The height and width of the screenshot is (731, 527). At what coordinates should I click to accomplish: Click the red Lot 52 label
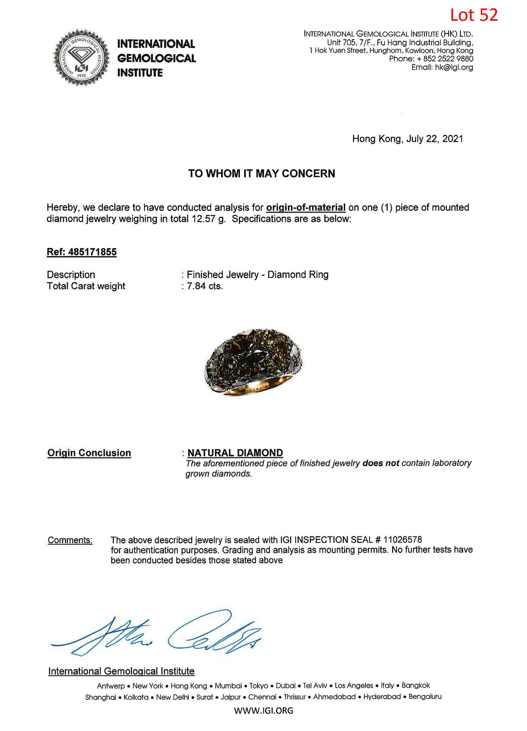[474, 15]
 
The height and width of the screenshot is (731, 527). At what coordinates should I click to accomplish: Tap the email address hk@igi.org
[454, 67]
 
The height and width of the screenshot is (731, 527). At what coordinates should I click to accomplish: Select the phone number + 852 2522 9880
[445, 59]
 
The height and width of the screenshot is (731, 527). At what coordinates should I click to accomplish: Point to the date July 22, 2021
[435, 139]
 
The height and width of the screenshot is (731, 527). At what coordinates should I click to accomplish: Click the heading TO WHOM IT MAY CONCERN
[261, 174]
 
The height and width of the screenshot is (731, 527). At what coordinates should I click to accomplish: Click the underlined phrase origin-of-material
[306, 208]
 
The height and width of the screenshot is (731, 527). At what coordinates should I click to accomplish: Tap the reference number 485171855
[92, 252]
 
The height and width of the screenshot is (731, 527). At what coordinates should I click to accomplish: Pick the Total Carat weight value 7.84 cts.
[205, 286]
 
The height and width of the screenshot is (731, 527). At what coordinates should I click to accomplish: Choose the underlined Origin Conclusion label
[89, 453]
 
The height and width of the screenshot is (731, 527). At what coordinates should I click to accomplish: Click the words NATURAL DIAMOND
[235, 453]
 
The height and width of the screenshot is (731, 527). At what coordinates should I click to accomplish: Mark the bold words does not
[380, 463]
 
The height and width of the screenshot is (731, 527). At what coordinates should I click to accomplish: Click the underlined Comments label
[70, 540]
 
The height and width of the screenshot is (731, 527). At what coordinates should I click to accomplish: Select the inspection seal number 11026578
[402, 540]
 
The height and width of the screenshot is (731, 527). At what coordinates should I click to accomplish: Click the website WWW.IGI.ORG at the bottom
[263, 711]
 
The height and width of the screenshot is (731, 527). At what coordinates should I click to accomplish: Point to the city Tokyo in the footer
[259, 686]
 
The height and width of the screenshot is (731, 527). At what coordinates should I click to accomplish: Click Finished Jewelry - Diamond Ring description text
[258, 275]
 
